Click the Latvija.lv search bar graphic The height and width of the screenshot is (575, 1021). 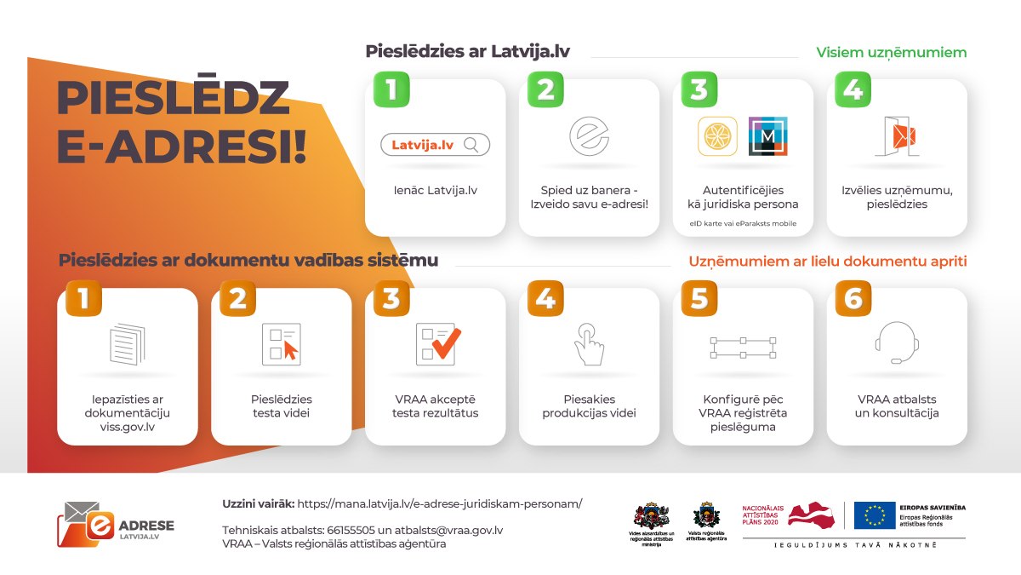click(436, 145)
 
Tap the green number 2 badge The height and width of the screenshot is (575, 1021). click(545, 89)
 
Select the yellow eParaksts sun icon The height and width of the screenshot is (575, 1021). click(717, 136)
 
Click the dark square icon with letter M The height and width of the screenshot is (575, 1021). click(767, 136)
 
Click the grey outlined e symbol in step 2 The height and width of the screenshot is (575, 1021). click(589, 136)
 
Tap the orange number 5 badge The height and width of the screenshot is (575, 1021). click(699, 298)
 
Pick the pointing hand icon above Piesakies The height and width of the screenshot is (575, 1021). click(589, 344)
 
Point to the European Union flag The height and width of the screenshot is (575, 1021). click(875, 515)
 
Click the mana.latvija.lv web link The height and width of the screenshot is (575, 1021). click(440, 503)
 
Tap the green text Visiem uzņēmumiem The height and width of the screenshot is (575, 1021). click(892, 53)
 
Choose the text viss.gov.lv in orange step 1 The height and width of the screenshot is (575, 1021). click(128, 427)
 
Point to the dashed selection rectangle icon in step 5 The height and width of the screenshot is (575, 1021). click(743, 345)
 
